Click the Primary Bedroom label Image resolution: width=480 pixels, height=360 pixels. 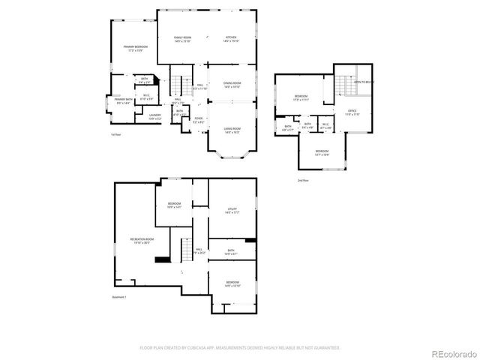pyautogui.click(x=136, y=49)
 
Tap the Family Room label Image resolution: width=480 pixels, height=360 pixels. pyautogui.click(x=183, y=39)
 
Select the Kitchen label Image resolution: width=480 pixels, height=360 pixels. pyautogui.click(x=232, y=39)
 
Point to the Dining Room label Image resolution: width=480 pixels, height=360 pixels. pyautogui.click(x=232, y=85)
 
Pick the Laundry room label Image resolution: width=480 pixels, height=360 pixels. pyautogui.click(x=154, y=117)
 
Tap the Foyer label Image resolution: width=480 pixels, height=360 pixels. pyautogui.click(x=199, y=119)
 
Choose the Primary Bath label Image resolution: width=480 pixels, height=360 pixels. pyautogui.click(x=122, y=100)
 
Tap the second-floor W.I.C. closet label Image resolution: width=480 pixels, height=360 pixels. pyautogui.click(x=326, y=126)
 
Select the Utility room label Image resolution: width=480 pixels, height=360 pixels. pyautogui.click(x=232, y=211)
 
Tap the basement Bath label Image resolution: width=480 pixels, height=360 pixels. pyautogui.click(x=231, y=252)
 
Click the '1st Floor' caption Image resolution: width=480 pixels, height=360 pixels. pyautogui.click(x=116, y=134)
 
